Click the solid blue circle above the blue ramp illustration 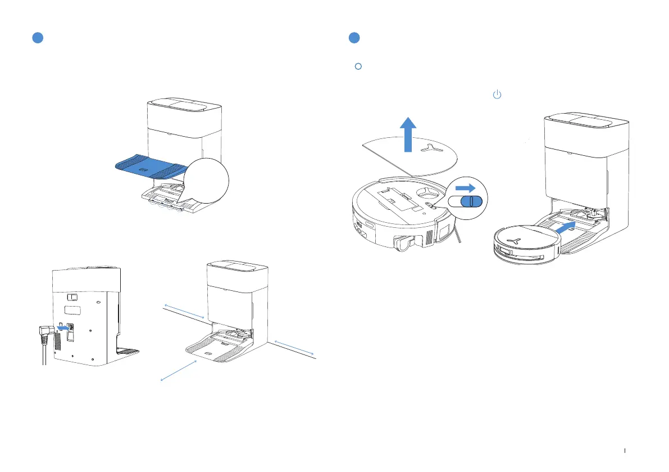[37, 38]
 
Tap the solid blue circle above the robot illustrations [354, 38]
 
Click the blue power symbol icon [497, 95]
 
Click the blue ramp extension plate [151, 167]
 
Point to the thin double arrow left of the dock [183, 311]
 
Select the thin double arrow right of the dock [294, 348]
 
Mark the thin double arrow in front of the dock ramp [179, 371]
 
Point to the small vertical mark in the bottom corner [625, 450]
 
